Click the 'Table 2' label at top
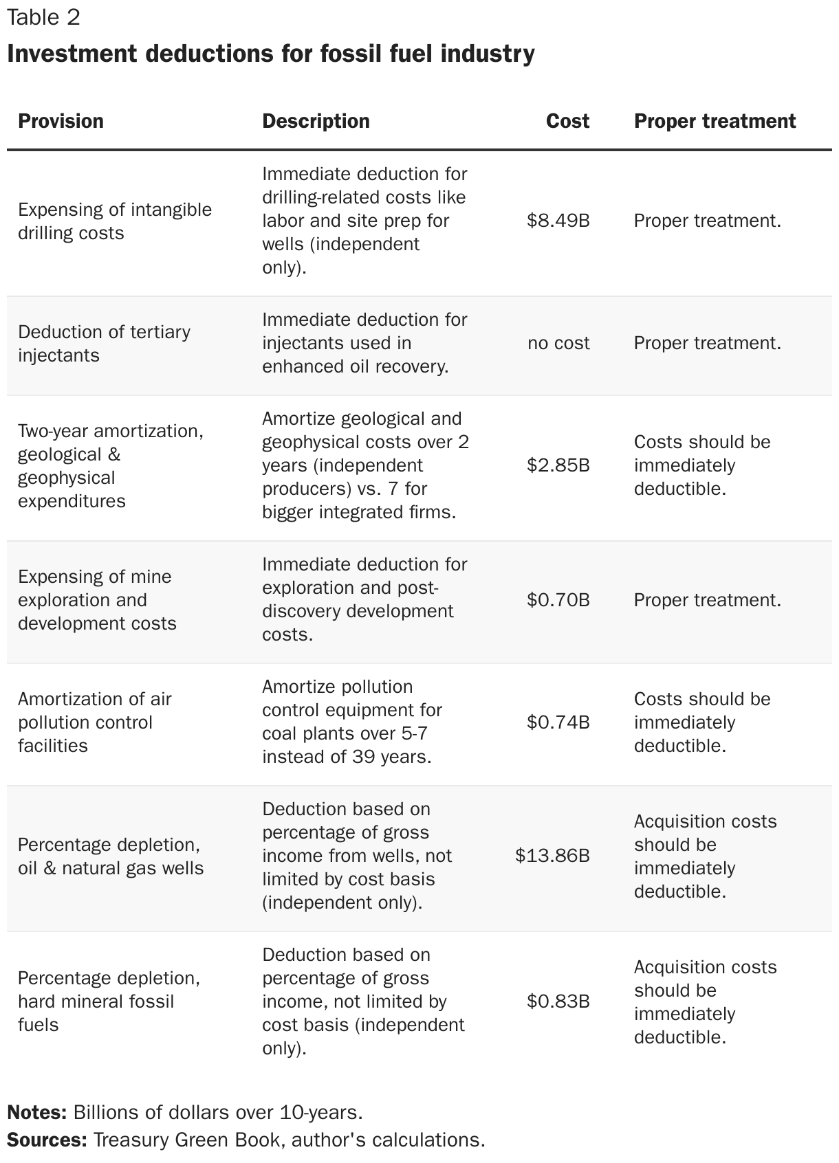(43, 17)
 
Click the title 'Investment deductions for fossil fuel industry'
(270, 53)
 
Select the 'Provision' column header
(61, 121)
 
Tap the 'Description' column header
(316, 121)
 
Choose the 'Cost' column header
(567, 121)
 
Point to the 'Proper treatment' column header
(715, 121)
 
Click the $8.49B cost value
(558, 221)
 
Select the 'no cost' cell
(558, 343)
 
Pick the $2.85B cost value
(558, 465)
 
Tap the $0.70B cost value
(558, 600)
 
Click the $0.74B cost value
(558, 722)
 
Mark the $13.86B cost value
(552, 856)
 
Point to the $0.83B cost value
(558, 1001)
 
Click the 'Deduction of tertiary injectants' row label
(104, 344)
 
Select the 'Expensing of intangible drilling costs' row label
(114, 221)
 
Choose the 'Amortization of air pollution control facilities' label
(94, 722)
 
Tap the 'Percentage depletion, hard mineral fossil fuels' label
(109, 1001)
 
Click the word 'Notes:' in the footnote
(36, 1112)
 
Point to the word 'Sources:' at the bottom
(46, 1140)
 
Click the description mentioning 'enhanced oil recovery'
(364, 343)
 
